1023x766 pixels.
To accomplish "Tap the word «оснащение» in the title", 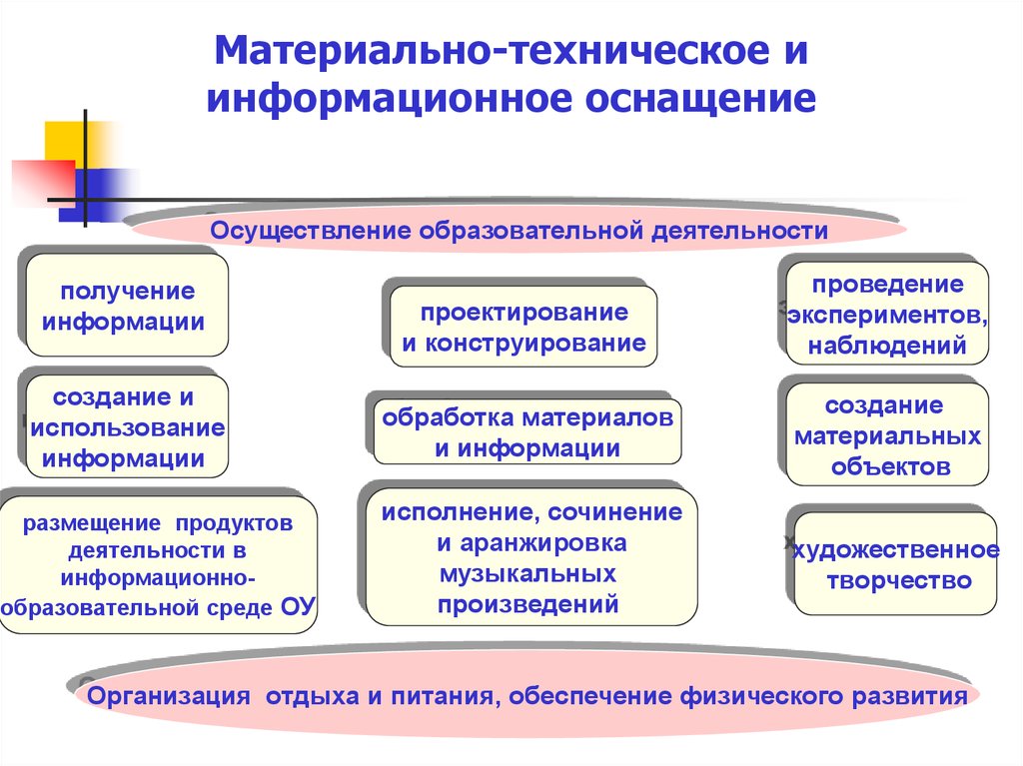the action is (x=700, y=99).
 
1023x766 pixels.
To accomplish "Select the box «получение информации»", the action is (x=127, y=306).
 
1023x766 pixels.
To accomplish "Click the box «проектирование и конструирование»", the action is (x=523, y=327).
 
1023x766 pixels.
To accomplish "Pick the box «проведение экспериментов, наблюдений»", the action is (x=887, y=314).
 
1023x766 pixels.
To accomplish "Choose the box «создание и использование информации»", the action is (x=127, y=426).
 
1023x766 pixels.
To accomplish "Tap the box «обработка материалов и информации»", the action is (x=527, y=431).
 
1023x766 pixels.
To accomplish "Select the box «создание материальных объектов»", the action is (x=887, y=434).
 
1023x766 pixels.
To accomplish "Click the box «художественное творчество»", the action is (x=895, y=563).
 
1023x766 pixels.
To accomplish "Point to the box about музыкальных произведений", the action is (x=531, y=556).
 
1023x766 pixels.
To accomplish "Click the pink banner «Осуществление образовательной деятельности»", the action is (x=518, y=230).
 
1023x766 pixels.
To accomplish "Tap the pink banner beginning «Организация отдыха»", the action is (x=527, y=695).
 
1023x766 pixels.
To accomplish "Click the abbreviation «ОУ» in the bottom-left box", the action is (x=298, y=606).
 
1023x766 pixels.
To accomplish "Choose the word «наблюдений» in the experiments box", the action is (x=887, y=346).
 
